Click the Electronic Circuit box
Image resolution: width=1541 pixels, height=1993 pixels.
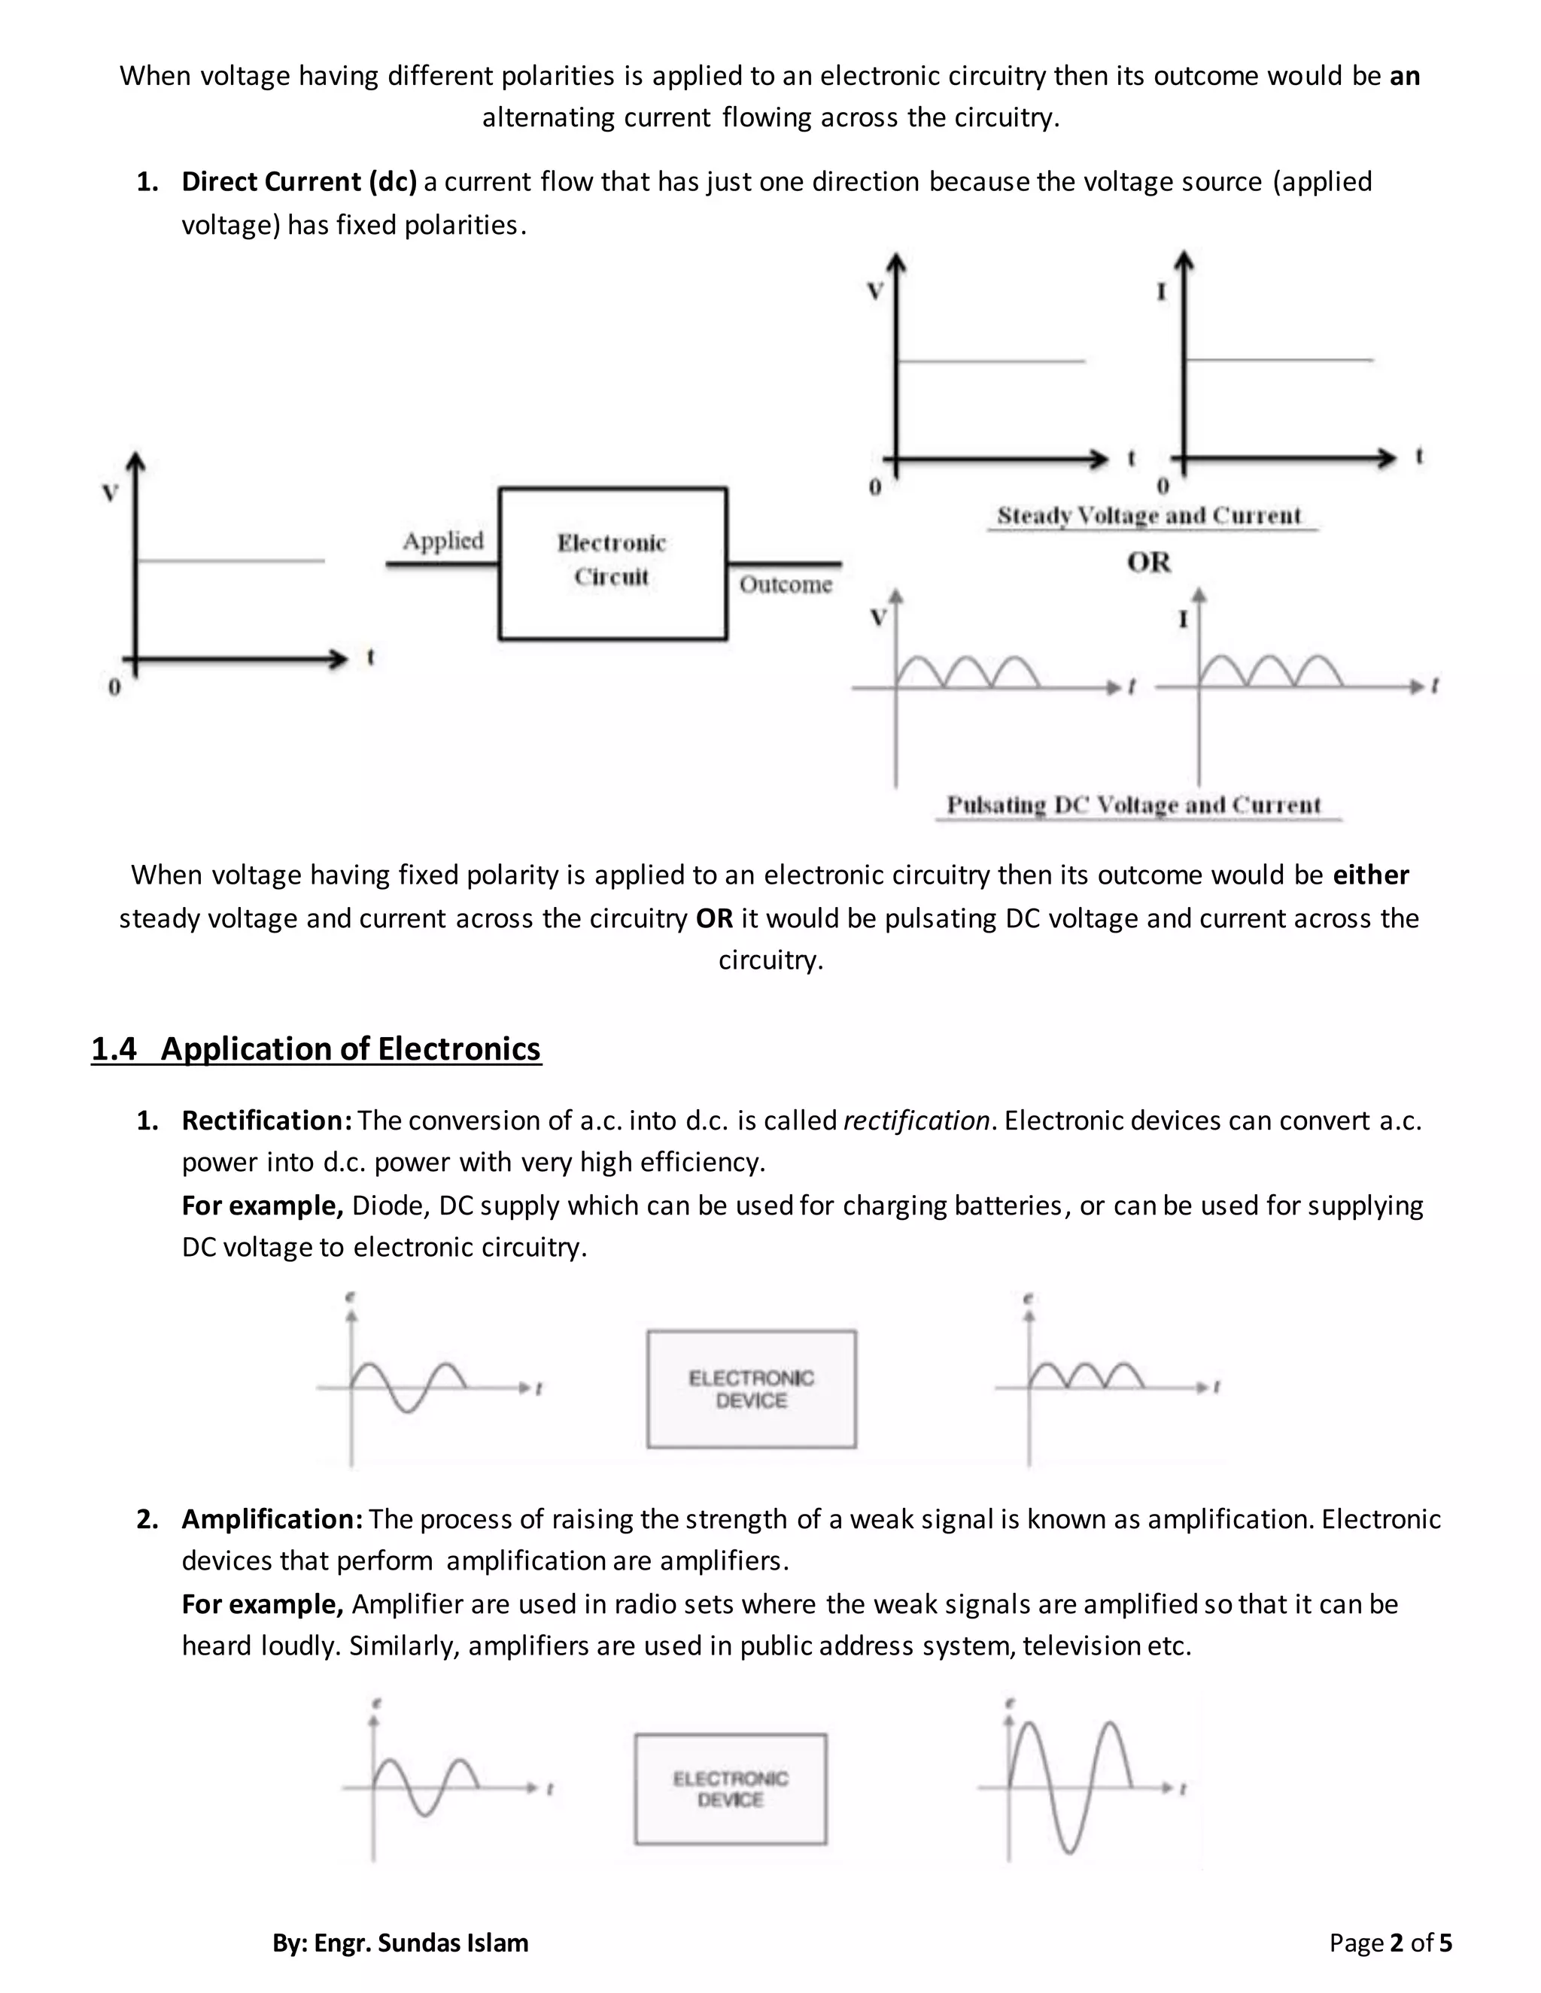click(x=612, y=563)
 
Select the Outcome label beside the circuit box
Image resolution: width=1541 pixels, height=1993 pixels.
click(x=785, y=584)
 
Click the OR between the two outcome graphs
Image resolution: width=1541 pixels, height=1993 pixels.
click(x=1148, y=562)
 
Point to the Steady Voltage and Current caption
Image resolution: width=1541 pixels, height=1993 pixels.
click(x=1148, y=516)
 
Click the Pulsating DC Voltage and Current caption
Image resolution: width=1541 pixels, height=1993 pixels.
click(x=1133, y=805)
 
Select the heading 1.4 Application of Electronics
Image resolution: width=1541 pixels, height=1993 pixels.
click(x=316, y=1048)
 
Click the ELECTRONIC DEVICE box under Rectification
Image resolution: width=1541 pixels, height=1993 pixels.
click(x=752, y=1389)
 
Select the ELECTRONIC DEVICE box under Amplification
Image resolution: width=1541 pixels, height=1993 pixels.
click(x=731, y=1788)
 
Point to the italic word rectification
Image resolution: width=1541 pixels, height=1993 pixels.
click(x=916, y=1120)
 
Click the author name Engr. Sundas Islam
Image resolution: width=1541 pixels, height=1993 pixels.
click(x=421, y=1943)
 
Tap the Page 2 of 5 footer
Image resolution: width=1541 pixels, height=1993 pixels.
click(x=1390, y=1943)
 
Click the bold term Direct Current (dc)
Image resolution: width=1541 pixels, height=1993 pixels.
click(x=299, y=181)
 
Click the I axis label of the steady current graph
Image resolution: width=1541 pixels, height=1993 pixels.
click(x=1161, y=292)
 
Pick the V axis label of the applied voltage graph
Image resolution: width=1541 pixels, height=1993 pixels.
click(x=111, y=493)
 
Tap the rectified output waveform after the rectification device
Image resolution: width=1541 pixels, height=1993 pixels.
click(x=1087, y=1376)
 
